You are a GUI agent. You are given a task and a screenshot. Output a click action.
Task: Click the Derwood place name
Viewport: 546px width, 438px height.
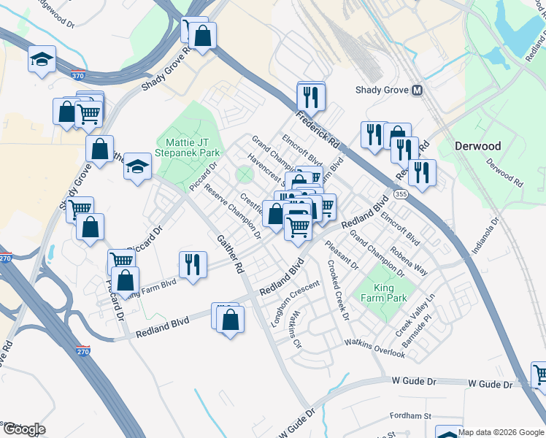[x=478, y=145]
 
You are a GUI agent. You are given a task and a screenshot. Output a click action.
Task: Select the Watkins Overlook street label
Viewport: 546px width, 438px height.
[x=374, y=347]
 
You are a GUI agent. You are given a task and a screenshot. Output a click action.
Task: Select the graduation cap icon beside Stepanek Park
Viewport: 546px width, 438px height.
[x=136, y=166]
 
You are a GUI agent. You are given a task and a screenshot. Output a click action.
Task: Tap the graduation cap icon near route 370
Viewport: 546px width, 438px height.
[x=42, y=59]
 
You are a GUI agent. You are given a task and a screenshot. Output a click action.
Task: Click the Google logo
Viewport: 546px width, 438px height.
[x=24, y=429]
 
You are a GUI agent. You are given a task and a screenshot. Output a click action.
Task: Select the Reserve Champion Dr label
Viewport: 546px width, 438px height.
[x=232, y=212]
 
